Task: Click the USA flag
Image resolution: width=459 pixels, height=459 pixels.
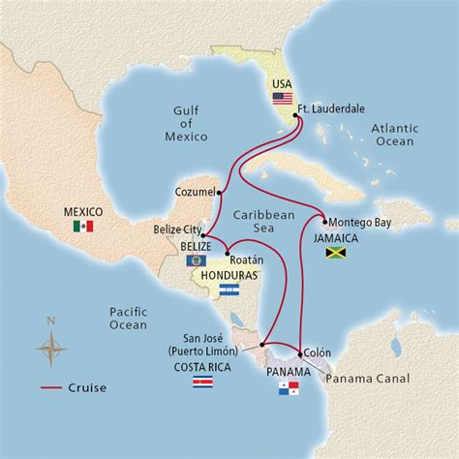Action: tap(282, 99)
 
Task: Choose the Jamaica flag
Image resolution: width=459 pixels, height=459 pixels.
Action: tap(336, 253)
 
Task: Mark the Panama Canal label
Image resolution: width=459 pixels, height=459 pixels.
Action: tap(367, 378)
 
